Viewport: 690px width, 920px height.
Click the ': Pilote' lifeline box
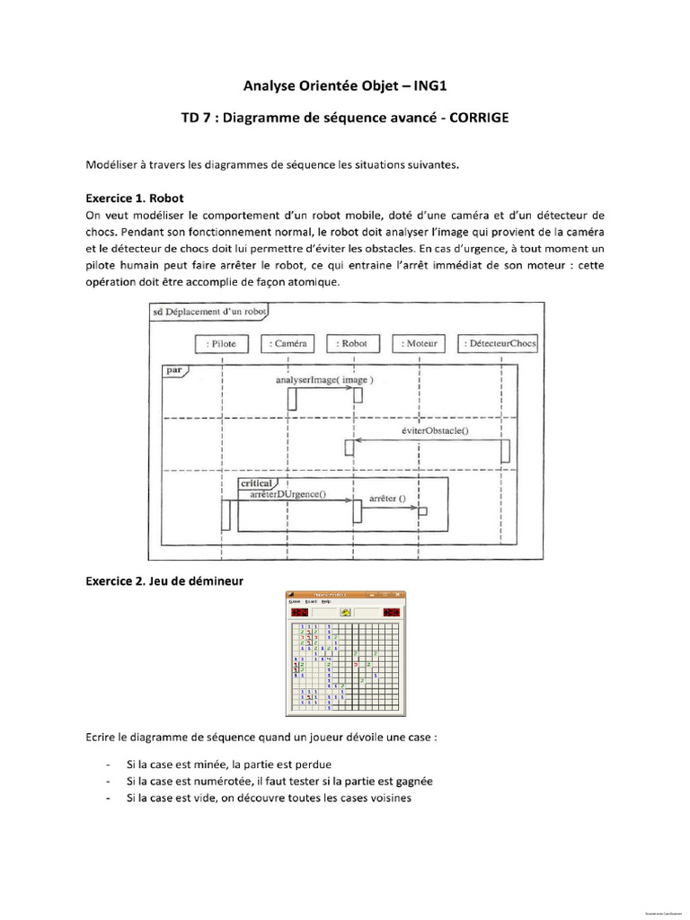click(221, 343)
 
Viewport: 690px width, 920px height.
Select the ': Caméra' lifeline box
click(287, 343)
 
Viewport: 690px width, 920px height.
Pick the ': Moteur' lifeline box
click(420, 343)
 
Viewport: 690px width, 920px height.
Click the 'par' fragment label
click(173, 369)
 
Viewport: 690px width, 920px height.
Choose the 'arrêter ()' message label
click(388, 498)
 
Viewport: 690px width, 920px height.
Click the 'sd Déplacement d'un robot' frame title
click(207, 311)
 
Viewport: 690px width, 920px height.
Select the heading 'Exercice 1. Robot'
click(135, 198)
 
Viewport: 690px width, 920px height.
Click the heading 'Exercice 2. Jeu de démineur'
click(164, 581)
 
